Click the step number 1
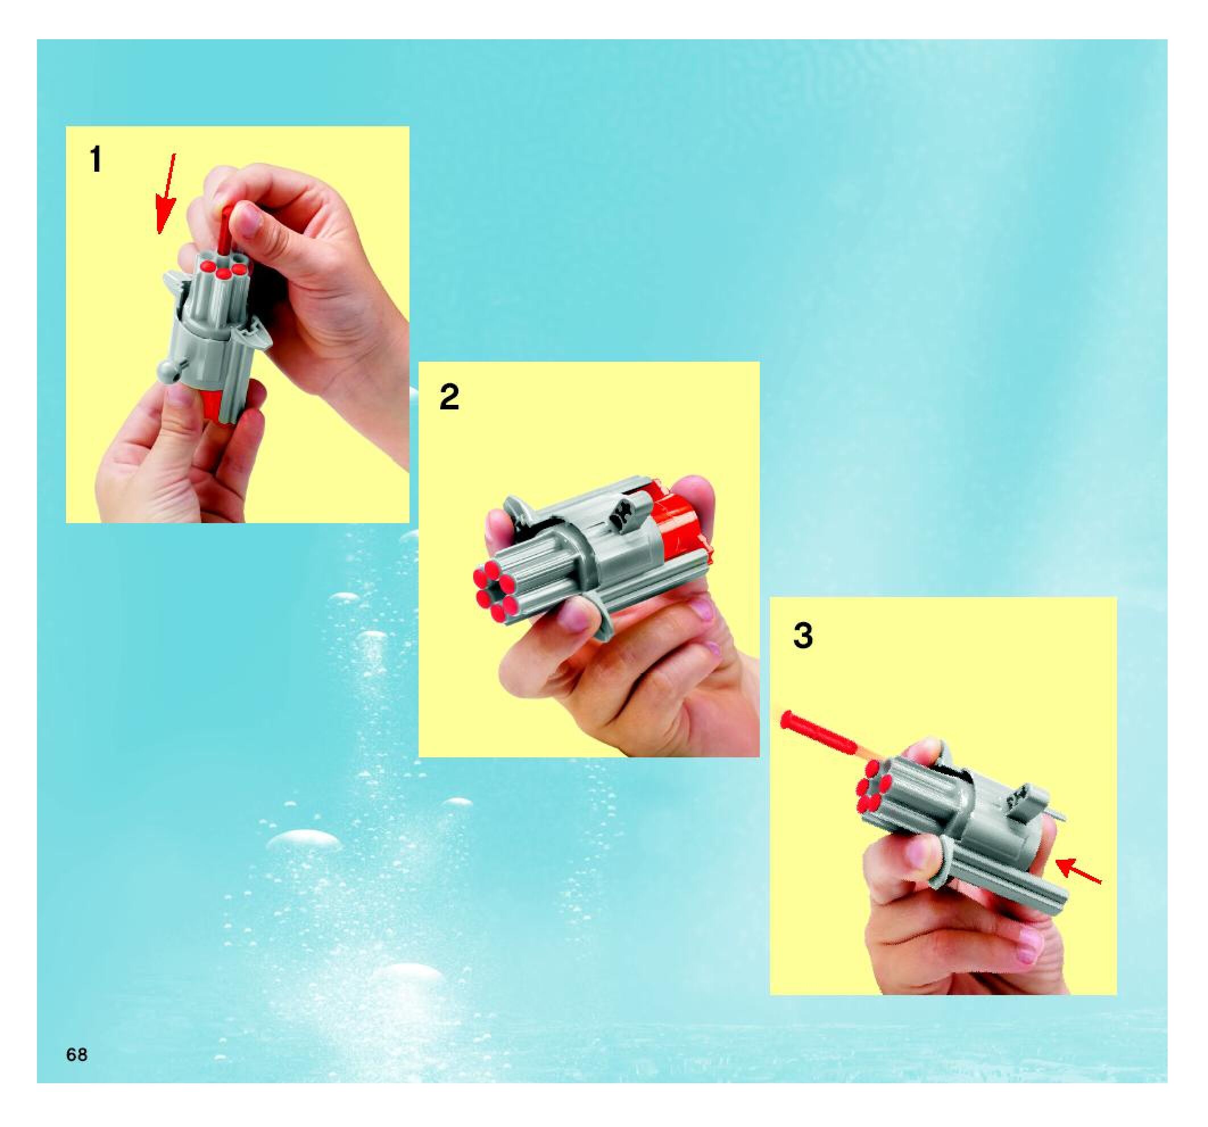tap(96, 160)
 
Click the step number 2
tap(449, 398)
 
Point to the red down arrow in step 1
tap(165, 193)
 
